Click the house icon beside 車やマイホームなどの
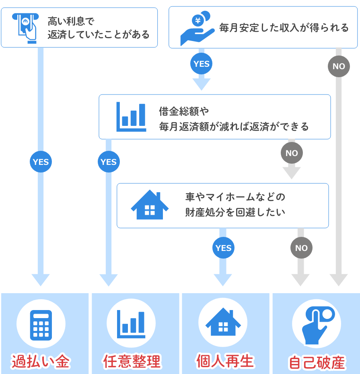pyautogui.click(x=150, y=205)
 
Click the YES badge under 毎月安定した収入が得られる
pyautogui.click(x=201, y=64)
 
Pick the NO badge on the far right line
pyautogui.click(x=339, y=66)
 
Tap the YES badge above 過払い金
pyautogui.click(x=41, y=162)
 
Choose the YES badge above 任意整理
pyautogui.click(x=109, y=162)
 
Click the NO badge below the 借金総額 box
pyautogui.click(x=292, y=153)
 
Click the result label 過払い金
pyautogui.click(x=41, y=362)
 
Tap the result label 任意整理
pyautogui.click(x=132, y=361)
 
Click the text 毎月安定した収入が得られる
pyautogui.click(x=284, y=28)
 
